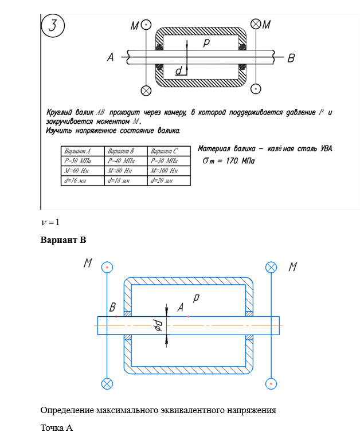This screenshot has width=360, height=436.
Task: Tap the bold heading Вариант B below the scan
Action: [x=63, y=239]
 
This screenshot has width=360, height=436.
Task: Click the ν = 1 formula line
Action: [x=50, y=222]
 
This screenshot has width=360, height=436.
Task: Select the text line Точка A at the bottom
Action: [x=57, y=427]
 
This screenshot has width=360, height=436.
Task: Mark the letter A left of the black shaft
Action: [x=111, y=57]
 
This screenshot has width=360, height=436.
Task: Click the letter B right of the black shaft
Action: [x=291, y=58]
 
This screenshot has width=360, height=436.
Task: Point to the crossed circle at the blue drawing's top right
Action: [x=271, y=267]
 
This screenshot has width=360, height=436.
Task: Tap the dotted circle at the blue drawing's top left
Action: [x=107, y=267]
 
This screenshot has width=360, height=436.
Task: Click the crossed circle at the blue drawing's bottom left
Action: [x=107, y=383]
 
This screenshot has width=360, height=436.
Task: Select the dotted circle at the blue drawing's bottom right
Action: [x=271, y=383]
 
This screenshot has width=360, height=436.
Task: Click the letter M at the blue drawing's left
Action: [x=88, y=263]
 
